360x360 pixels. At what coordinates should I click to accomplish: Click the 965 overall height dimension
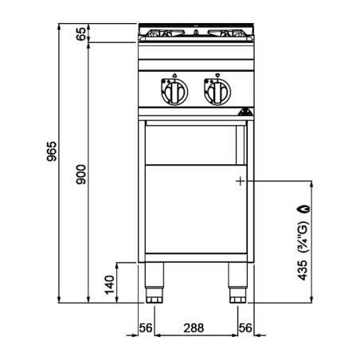pyautogui.click(x=52, y=151)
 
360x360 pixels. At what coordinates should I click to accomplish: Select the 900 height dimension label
pyautogui.click(x=81, y=174)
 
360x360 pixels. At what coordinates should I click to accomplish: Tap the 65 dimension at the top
pyautogui.click(x=81, y=33)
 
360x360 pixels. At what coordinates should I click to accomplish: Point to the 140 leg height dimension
pyautogui.click(x=109, y=285)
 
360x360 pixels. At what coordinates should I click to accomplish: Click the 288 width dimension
pyautogui.click(x=194, y=328)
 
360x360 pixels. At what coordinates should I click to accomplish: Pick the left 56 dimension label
pyautogui.click(x=146, y=328)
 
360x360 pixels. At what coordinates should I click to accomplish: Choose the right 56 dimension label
pyautogui.click(x=245, y=328)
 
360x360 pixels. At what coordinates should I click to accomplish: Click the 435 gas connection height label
pyautogui.click(x=302, y=270)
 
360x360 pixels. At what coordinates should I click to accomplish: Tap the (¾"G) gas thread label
pyautogui.click(x=303, y=237)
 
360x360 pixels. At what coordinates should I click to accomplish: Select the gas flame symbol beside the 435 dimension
pyautogui.click(x=304, y=209)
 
